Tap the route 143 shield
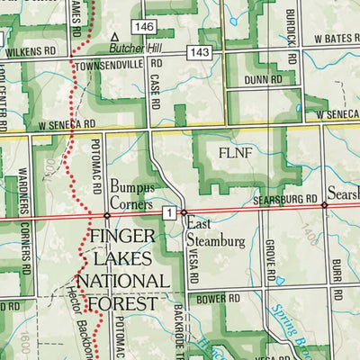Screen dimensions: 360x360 pyautogui.click(x=199, y=53)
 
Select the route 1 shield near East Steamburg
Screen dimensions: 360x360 pyautogui.click(x=168, y=211)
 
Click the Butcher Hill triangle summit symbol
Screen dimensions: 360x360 pyautogui.click(x=114, y=38)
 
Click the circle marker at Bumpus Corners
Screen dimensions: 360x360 pyautogui.click(x=106, y=216)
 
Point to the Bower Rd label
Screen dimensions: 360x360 pyautogui.click(x=220, y=298)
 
